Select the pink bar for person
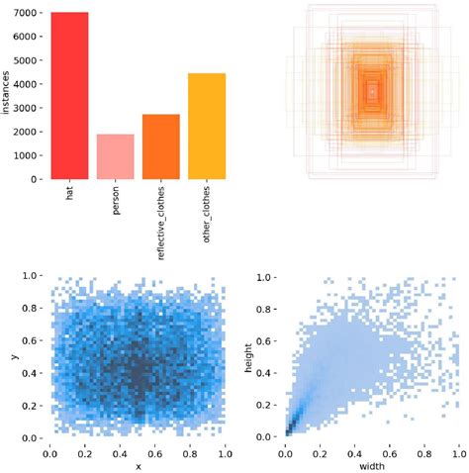coord(115,157)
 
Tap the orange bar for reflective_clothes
coord(160,147)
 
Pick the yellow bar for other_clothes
coord(206,127)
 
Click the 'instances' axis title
coord(7,96)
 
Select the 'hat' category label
coord(69,194)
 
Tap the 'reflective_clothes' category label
coord(160,223)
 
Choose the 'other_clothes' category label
coord(207,215)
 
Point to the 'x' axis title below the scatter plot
coord(138,466)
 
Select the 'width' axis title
coord(371,466)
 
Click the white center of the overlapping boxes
coord(372,91)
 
